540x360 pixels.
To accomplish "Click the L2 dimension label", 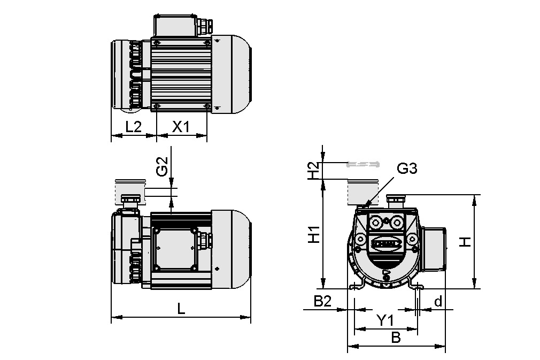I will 133,127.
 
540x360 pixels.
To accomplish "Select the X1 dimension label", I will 181,127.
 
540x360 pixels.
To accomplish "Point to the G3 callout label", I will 407,169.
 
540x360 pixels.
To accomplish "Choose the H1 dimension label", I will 315,234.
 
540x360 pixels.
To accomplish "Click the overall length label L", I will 181,309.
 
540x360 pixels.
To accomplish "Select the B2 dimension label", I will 322,301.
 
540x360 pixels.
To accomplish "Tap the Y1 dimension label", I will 385,320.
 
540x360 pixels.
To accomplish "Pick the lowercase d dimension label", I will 438,302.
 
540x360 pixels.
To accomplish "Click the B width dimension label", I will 396,338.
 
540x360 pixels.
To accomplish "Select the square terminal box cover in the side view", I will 174,249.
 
